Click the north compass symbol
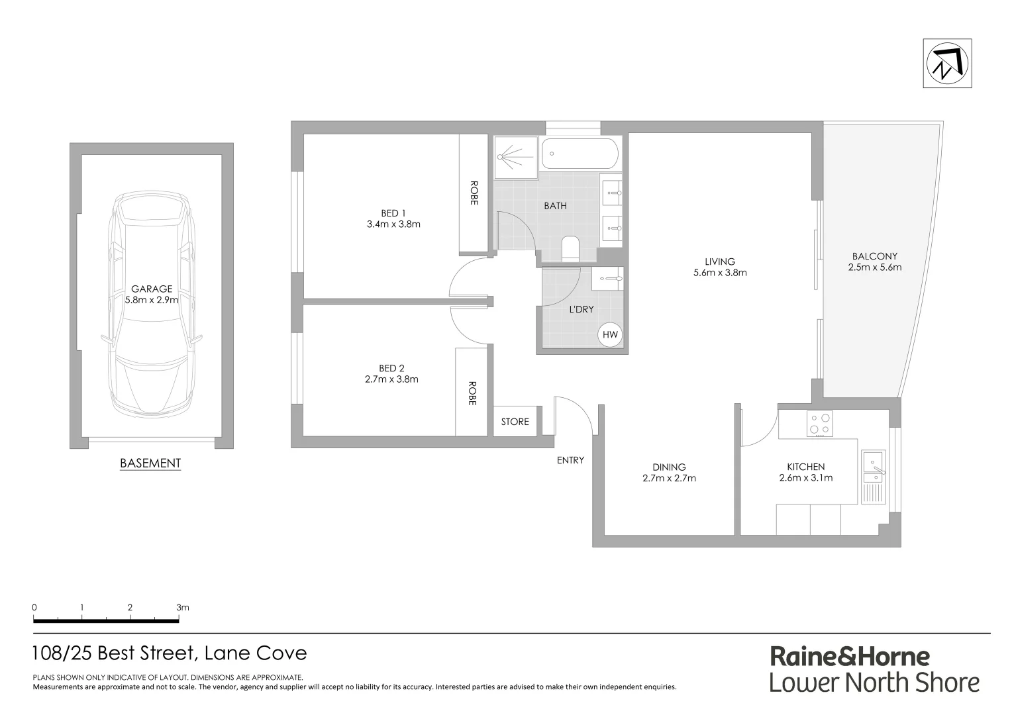point(947,64)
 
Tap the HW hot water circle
point(609,335)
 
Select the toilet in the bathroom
point(570,249)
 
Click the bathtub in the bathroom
point(580,154)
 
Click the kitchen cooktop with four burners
point(820,424)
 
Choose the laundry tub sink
point(607,279)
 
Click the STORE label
point(515,422)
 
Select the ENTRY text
point(570,460)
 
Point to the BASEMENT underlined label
point(150,463)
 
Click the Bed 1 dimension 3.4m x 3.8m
point(393,224)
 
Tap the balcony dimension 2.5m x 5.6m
point(874,267)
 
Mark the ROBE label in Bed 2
point(472,393)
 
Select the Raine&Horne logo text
point(850,657)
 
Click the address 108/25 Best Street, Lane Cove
point(170,653)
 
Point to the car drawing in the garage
point(152,305)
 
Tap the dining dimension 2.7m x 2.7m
point(669,478)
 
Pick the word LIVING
point(720,262)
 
